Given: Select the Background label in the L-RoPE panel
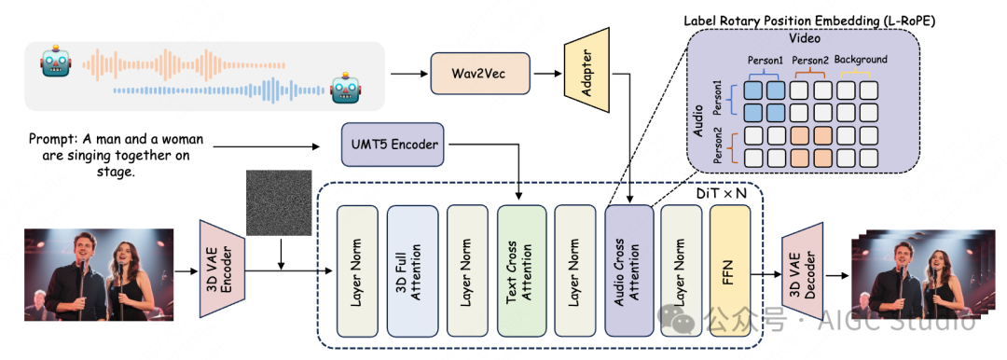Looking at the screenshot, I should click(x=860, y=60).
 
